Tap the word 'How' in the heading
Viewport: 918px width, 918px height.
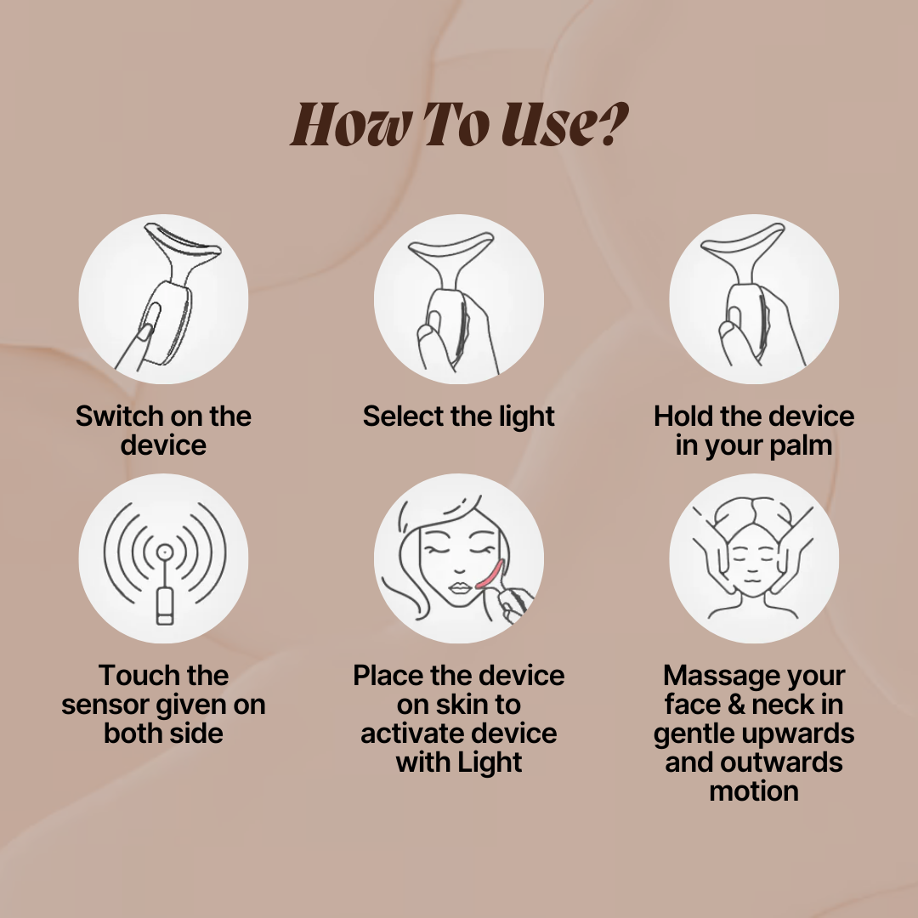[349, 124]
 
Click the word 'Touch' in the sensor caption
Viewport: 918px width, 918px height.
[134, 676]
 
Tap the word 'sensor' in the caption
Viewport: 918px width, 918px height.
[102, 705]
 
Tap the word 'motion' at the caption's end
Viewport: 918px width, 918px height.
[754, 791]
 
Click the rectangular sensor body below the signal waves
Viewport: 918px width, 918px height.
[165, 607]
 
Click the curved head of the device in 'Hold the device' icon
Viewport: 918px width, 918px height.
[743, 244]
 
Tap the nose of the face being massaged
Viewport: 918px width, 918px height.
[751, 564]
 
